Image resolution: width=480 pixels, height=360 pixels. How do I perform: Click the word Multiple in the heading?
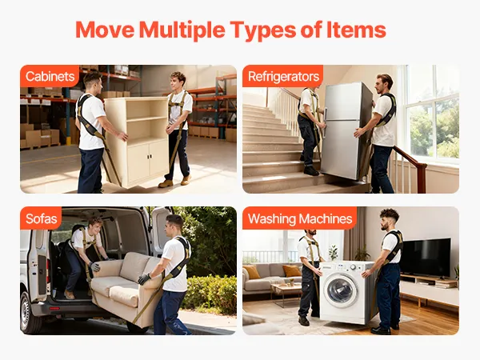[182, 30]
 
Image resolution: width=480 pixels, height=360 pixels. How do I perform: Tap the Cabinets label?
[50, 76]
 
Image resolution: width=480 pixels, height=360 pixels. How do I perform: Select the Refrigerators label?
[283, 77]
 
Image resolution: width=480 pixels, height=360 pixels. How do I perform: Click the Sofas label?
[42, 218]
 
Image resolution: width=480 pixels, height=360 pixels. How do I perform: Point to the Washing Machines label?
[300, 218]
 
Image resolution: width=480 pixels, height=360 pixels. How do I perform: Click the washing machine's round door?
[342, 290]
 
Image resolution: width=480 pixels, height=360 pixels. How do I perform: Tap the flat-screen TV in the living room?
[425, 257]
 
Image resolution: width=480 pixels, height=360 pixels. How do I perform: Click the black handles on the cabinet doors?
[149, 157]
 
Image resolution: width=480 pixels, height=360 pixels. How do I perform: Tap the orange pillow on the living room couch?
[291, 271]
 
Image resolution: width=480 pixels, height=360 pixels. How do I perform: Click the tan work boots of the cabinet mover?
[175, 182]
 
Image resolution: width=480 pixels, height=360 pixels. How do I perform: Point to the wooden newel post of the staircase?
[422, 178]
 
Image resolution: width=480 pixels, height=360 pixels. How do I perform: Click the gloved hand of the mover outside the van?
[144, 279]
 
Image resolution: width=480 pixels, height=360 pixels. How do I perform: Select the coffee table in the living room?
[286, 291]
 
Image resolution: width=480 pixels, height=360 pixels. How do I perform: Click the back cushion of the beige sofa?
[134, 266]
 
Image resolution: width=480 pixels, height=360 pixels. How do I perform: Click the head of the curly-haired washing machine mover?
[389, 219]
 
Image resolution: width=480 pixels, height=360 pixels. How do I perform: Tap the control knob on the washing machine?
[353, 267]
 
